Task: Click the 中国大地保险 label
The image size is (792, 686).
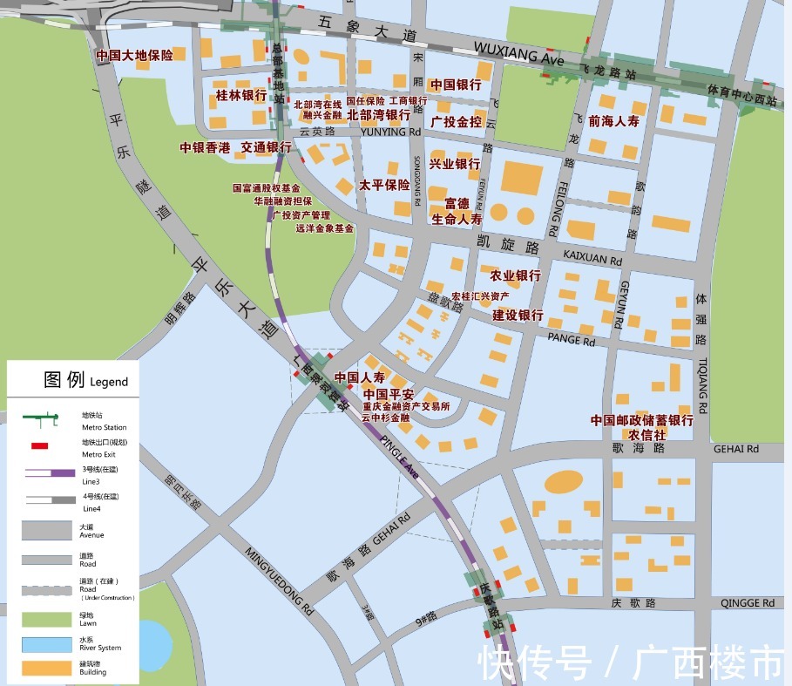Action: pyautogui.click(x=134, y=55)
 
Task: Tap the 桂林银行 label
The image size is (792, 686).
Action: pyautogui.click(x=240, y=94)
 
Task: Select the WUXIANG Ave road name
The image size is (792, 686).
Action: pyautogui.click(x=518, y=51)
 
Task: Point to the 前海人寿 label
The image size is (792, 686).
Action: pyautogui.click(x=613, y=121)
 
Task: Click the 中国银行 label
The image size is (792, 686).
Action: pyautogui.click(x=455, y=85)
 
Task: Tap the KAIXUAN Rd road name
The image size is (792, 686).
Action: pyautogui.click(x=593, y=260)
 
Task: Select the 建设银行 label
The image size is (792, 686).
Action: pyautogui.click(x=517, y=315)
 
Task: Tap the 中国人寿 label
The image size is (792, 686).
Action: pyautogui.click(x=360, y=378)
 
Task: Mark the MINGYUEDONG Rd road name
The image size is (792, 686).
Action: pyautogui.click(x=279, y=579)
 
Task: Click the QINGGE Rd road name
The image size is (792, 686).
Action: pyautogui.click(x=747, y=603)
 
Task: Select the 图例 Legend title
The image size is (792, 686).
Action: pyautogui.click(x=85, y=380)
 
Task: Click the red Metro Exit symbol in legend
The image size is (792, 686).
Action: pyautogui.click(x=39, y=445)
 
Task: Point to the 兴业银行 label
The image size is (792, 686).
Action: pyautogui.click(x=455, y=164)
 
